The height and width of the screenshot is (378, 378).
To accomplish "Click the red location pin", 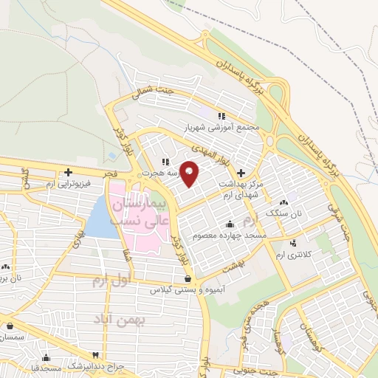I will pyautogui.click(x=190, y=173).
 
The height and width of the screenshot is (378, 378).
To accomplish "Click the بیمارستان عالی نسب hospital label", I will pyautogui.click(x=140, y=210).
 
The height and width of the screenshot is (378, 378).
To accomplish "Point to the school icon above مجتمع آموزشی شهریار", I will pyautogui.click(x=220, y=115).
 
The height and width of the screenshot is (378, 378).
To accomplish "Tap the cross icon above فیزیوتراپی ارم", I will pyautogui.click(x=68, y=172).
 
